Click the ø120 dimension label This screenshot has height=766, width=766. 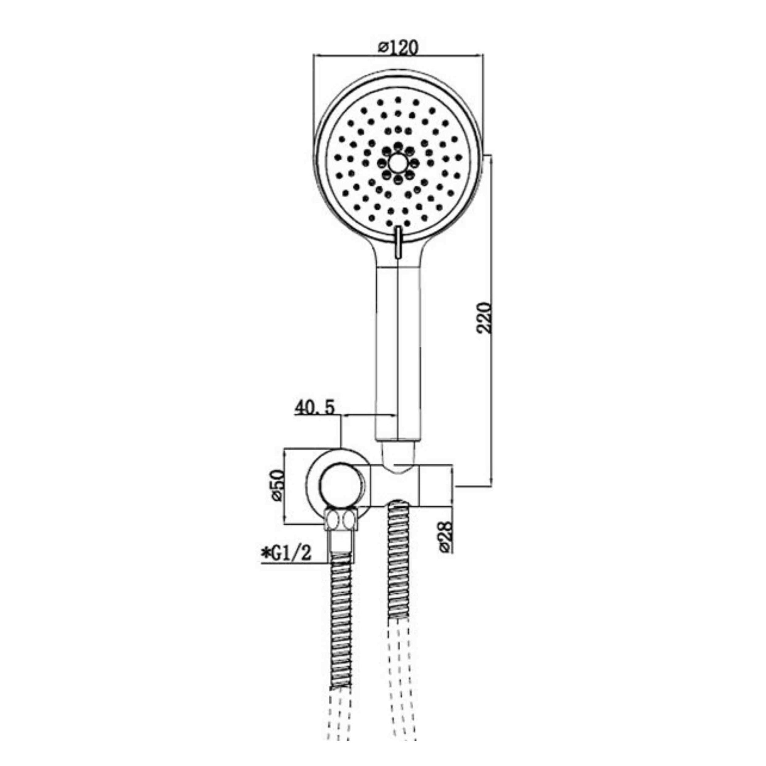point(398,48)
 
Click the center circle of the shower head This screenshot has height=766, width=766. point(398,163)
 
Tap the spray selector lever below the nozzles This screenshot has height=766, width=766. point(398,242)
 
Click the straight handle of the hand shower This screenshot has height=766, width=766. point(397,353)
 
